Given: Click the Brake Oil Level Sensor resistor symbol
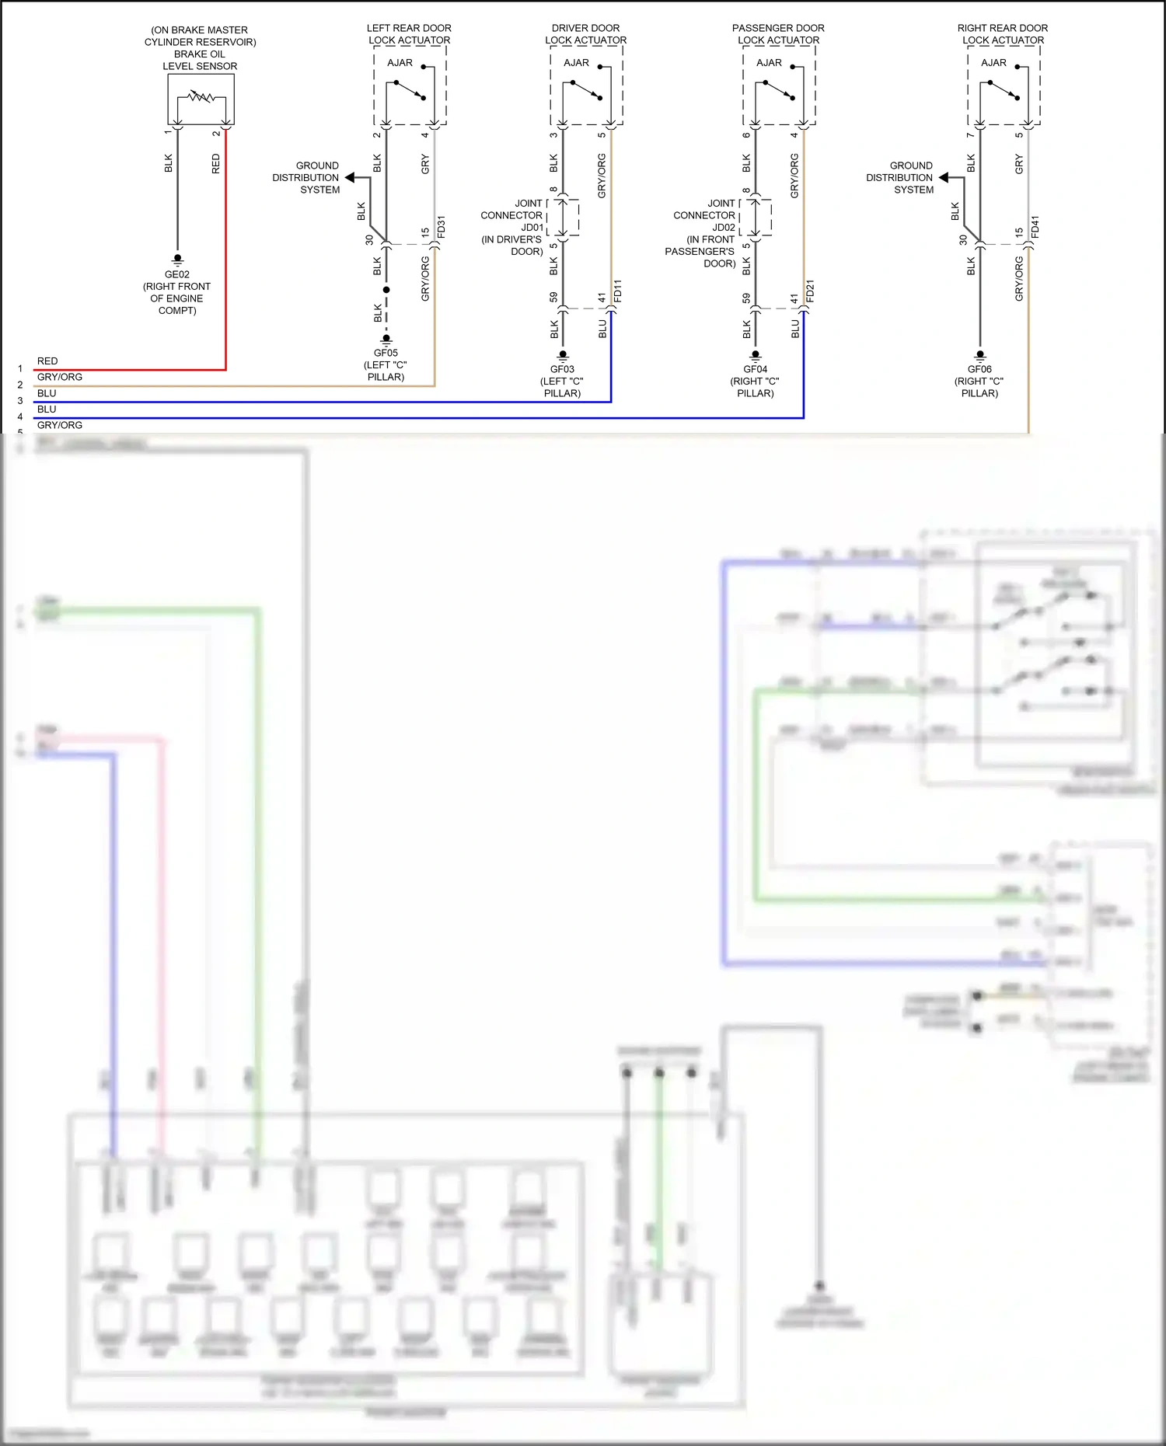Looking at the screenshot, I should point(201,97).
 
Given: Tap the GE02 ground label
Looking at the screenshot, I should point(177,274).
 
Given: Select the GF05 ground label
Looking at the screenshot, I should point(386,353).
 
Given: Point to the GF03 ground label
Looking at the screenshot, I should point(562,369).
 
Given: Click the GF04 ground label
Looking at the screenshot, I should point(755,369).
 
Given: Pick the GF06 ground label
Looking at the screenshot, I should point(979,369).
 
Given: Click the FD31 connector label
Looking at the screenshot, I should point(442,227).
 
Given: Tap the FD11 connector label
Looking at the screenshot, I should point(618,291).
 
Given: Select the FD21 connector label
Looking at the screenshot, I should point(810,291).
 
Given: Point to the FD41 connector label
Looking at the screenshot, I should point(1035,227).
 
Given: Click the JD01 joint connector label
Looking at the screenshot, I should point(532,228).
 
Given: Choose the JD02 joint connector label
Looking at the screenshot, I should point(724,228).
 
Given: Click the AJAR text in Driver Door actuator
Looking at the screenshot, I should point(576,63).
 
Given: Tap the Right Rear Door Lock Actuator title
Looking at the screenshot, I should point(1003,34).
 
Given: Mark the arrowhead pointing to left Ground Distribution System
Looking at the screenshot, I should point(350,178).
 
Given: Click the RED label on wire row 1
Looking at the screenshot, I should point(47,361).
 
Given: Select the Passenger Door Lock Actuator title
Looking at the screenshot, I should point(778,34).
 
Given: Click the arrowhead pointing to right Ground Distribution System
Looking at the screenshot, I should point(944,178).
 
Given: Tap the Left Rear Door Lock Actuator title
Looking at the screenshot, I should point(409,34).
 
